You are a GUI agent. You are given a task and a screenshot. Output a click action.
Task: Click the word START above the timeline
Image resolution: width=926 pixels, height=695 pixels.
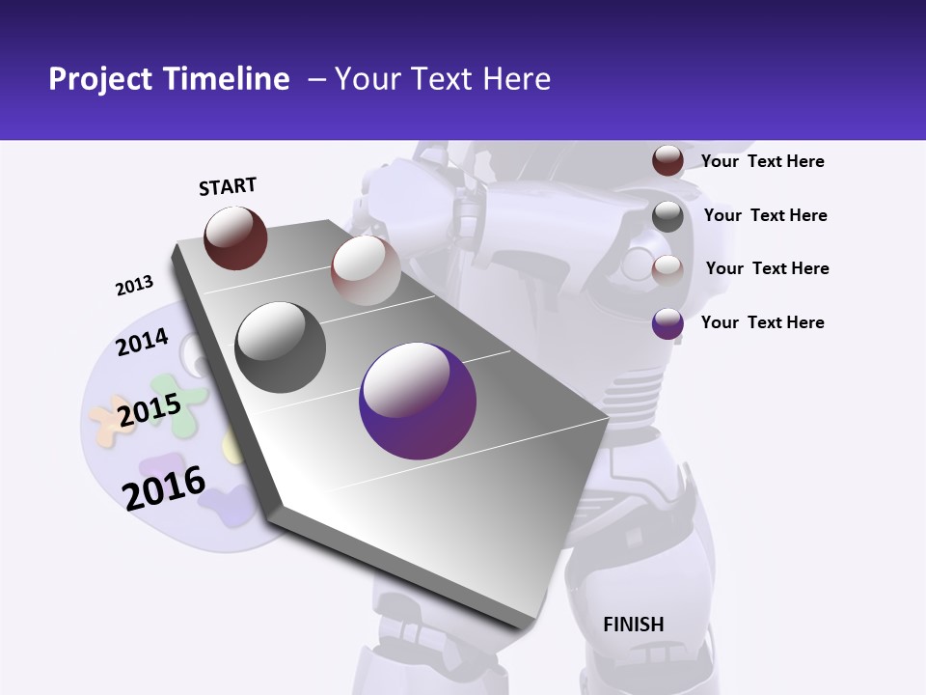[228, 186]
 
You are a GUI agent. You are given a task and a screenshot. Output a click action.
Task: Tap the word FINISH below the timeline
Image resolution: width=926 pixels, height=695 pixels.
[634, 625]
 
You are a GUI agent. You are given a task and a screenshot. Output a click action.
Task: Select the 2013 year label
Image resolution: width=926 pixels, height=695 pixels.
[134, 286]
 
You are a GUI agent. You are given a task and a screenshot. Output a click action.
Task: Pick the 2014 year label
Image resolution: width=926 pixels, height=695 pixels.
[142, 343]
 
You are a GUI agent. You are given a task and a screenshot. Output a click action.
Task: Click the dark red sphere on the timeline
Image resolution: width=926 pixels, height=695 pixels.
[235, 237]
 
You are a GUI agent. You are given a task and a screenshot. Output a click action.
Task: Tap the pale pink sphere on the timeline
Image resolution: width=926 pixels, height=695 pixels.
[366, 270]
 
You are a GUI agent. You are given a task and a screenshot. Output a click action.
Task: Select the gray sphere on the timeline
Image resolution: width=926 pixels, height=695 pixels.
[281, 347]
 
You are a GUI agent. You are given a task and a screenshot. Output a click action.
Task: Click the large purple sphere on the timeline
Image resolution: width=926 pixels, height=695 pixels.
[418, 401]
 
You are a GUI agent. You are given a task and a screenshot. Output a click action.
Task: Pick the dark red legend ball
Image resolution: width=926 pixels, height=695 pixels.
[667, 160]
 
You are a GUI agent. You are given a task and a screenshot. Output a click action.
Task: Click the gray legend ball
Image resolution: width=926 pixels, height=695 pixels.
[667, 216]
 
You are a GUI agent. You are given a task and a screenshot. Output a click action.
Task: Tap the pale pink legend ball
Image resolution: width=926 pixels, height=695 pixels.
[667, 269]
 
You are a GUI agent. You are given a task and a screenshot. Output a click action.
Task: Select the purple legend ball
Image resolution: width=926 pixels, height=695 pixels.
[667, 322]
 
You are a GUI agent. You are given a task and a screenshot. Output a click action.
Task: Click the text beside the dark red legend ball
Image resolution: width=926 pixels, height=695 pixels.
[762, 161]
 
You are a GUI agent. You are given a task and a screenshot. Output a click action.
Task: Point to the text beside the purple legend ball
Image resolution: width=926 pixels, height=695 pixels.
[762, 322]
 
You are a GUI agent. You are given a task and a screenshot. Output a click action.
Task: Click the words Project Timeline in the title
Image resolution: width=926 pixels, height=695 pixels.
[169, 79]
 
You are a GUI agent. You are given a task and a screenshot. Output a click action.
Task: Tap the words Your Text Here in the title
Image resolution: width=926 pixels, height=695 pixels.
[442, 79]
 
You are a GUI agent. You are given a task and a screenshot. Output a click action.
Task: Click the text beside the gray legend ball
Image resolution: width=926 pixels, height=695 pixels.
[765, 215]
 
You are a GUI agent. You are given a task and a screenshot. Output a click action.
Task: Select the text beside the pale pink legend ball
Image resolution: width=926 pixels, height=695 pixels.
[767, 268]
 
